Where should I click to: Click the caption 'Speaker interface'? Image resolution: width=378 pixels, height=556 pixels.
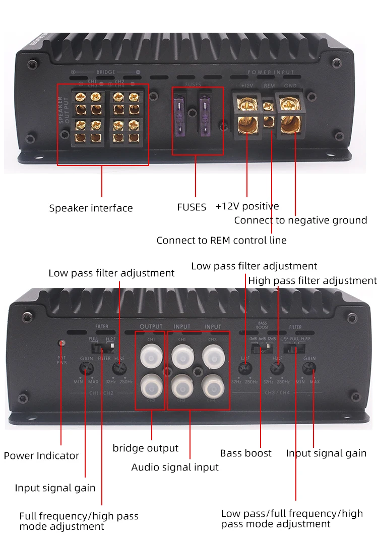tap(91, 208)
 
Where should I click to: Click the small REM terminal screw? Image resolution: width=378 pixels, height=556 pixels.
tap(269, 106)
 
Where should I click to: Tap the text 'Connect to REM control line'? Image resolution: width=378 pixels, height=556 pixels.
tap(221, 241)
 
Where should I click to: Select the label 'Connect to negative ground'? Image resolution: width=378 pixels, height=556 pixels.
tap(300, 220)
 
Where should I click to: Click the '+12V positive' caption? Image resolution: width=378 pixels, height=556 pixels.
tap(247, 206)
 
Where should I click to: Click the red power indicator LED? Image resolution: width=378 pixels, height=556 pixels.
tap(61, 343)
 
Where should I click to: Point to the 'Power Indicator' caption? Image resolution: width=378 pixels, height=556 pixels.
tap(41, 456)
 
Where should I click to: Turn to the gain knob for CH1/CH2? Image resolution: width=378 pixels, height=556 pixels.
tap(86, 368)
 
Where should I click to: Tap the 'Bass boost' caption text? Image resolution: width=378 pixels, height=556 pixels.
tap(245, 453)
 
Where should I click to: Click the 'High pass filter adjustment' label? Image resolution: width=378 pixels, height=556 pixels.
tap(312, 281)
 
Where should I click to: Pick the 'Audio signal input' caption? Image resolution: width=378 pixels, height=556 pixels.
tap(175, 467)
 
